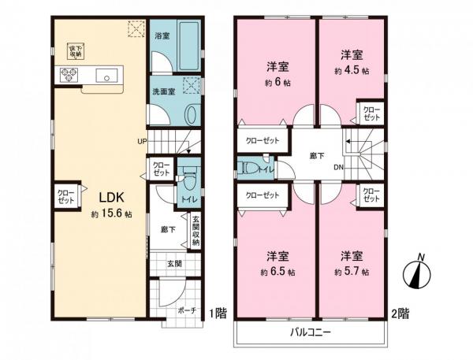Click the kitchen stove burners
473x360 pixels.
point(65,76)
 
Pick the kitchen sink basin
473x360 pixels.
point(104,76)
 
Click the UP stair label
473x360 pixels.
point(142,142)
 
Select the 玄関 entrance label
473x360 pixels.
point(173,264)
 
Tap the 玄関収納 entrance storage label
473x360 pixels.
point(196,232)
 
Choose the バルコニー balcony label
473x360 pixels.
point(309,332)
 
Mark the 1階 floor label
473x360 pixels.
point(218,313)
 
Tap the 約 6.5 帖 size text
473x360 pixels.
point(281,272)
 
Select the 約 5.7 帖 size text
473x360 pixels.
point(352,272)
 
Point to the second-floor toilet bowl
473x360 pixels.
point(247,168)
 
